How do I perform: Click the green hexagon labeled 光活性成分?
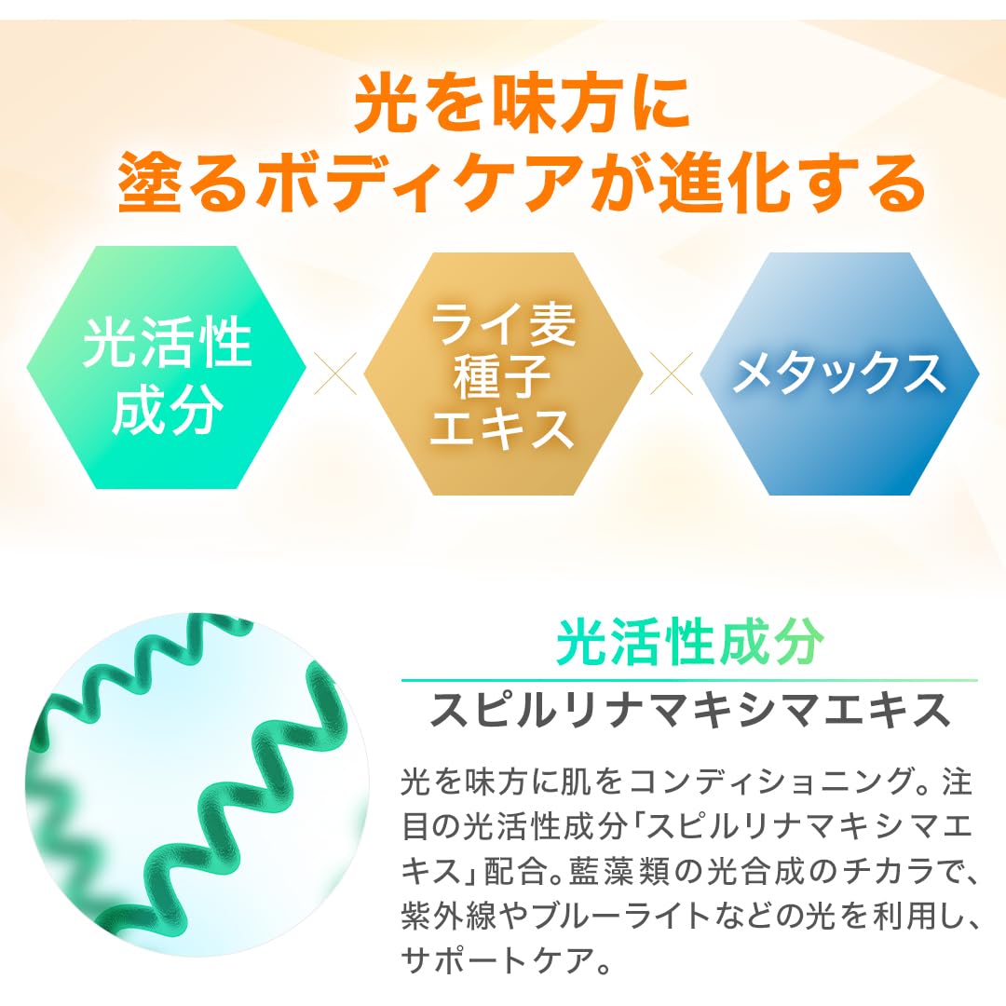pyautogui.click(x=167, y=369)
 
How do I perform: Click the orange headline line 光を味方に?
pyautogui.click(x=521, y=104)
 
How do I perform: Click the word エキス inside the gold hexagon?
pyautogui.click(x=503, y=426)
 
